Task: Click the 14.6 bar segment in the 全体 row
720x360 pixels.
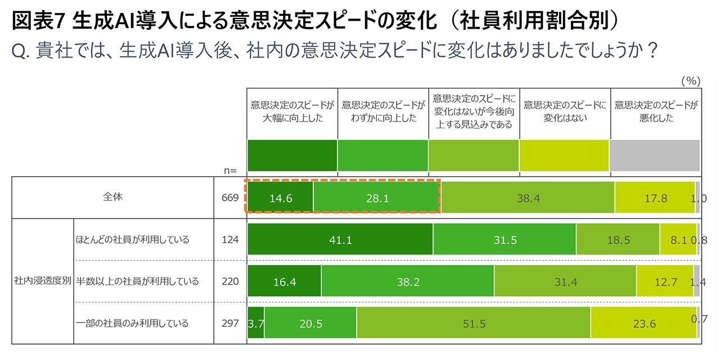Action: [x=280, y=198]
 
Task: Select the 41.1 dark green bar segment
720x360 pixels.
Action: [x=340, y=240]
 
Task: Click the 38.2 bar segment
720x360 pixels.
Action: [x=408, y=281]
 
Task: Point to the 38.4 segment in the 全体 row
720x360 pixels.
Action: [x=528, y=198]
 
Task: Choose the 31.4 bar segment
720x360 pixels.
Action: [x=565, y=281]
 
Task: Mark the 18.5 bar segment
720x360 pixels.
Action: [x=618, y=240]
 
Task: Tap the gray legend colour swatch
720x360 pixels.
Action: [x=655, y=155]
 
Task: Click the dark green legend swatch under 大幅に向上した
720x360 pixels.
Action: [x=292, y=155]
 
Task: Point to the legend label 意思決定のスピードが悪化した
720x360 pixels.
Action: [x=655, y=111]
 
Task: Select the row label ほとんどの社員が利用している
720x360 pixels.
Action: [x=133, y=240]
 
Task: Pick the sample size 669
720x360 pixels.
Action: [x=231, y=198]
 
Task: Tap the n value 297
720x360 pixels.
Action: [x=231, y=323]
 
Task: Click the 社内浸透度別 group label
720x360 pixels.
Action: [x=43, y=281]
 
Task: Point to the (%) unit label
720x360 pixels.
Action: [x=690, y=81]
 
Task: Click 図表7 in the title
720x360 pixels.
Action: [x=38, y=21]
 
